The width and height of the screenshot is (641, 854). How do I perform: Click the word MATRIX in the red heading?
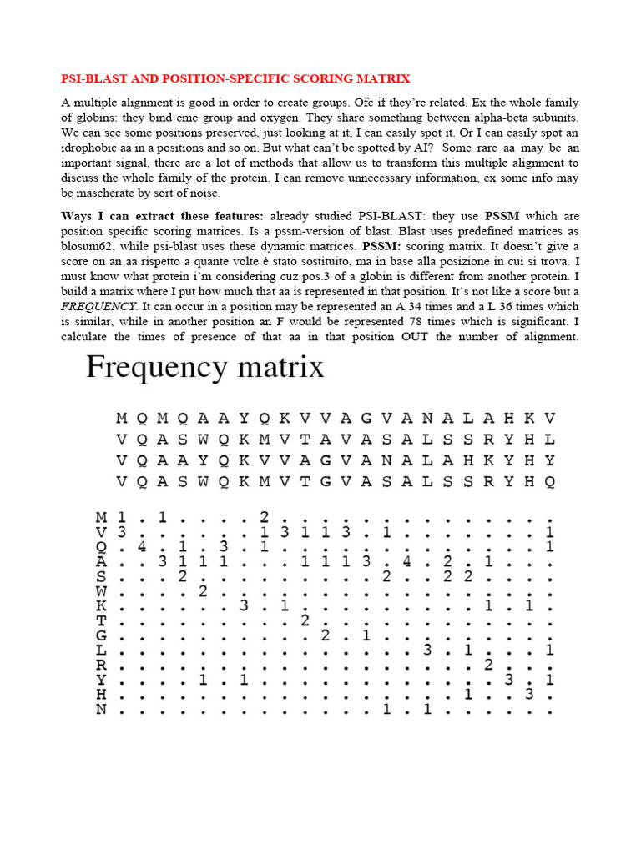(383, 78)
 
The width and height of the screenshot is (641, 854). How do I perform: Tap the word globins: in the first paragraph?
(84, 118)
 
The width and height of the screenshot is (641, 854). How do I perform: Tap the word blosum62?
(93, 247)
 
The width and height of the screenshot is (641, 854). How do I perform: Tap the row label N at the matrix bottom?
(101, 711)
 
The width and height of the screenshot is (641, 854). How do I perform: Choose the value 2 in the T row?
(305, 621)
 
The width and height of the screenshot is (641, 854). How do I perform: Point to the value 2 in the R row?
(488, 666)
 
